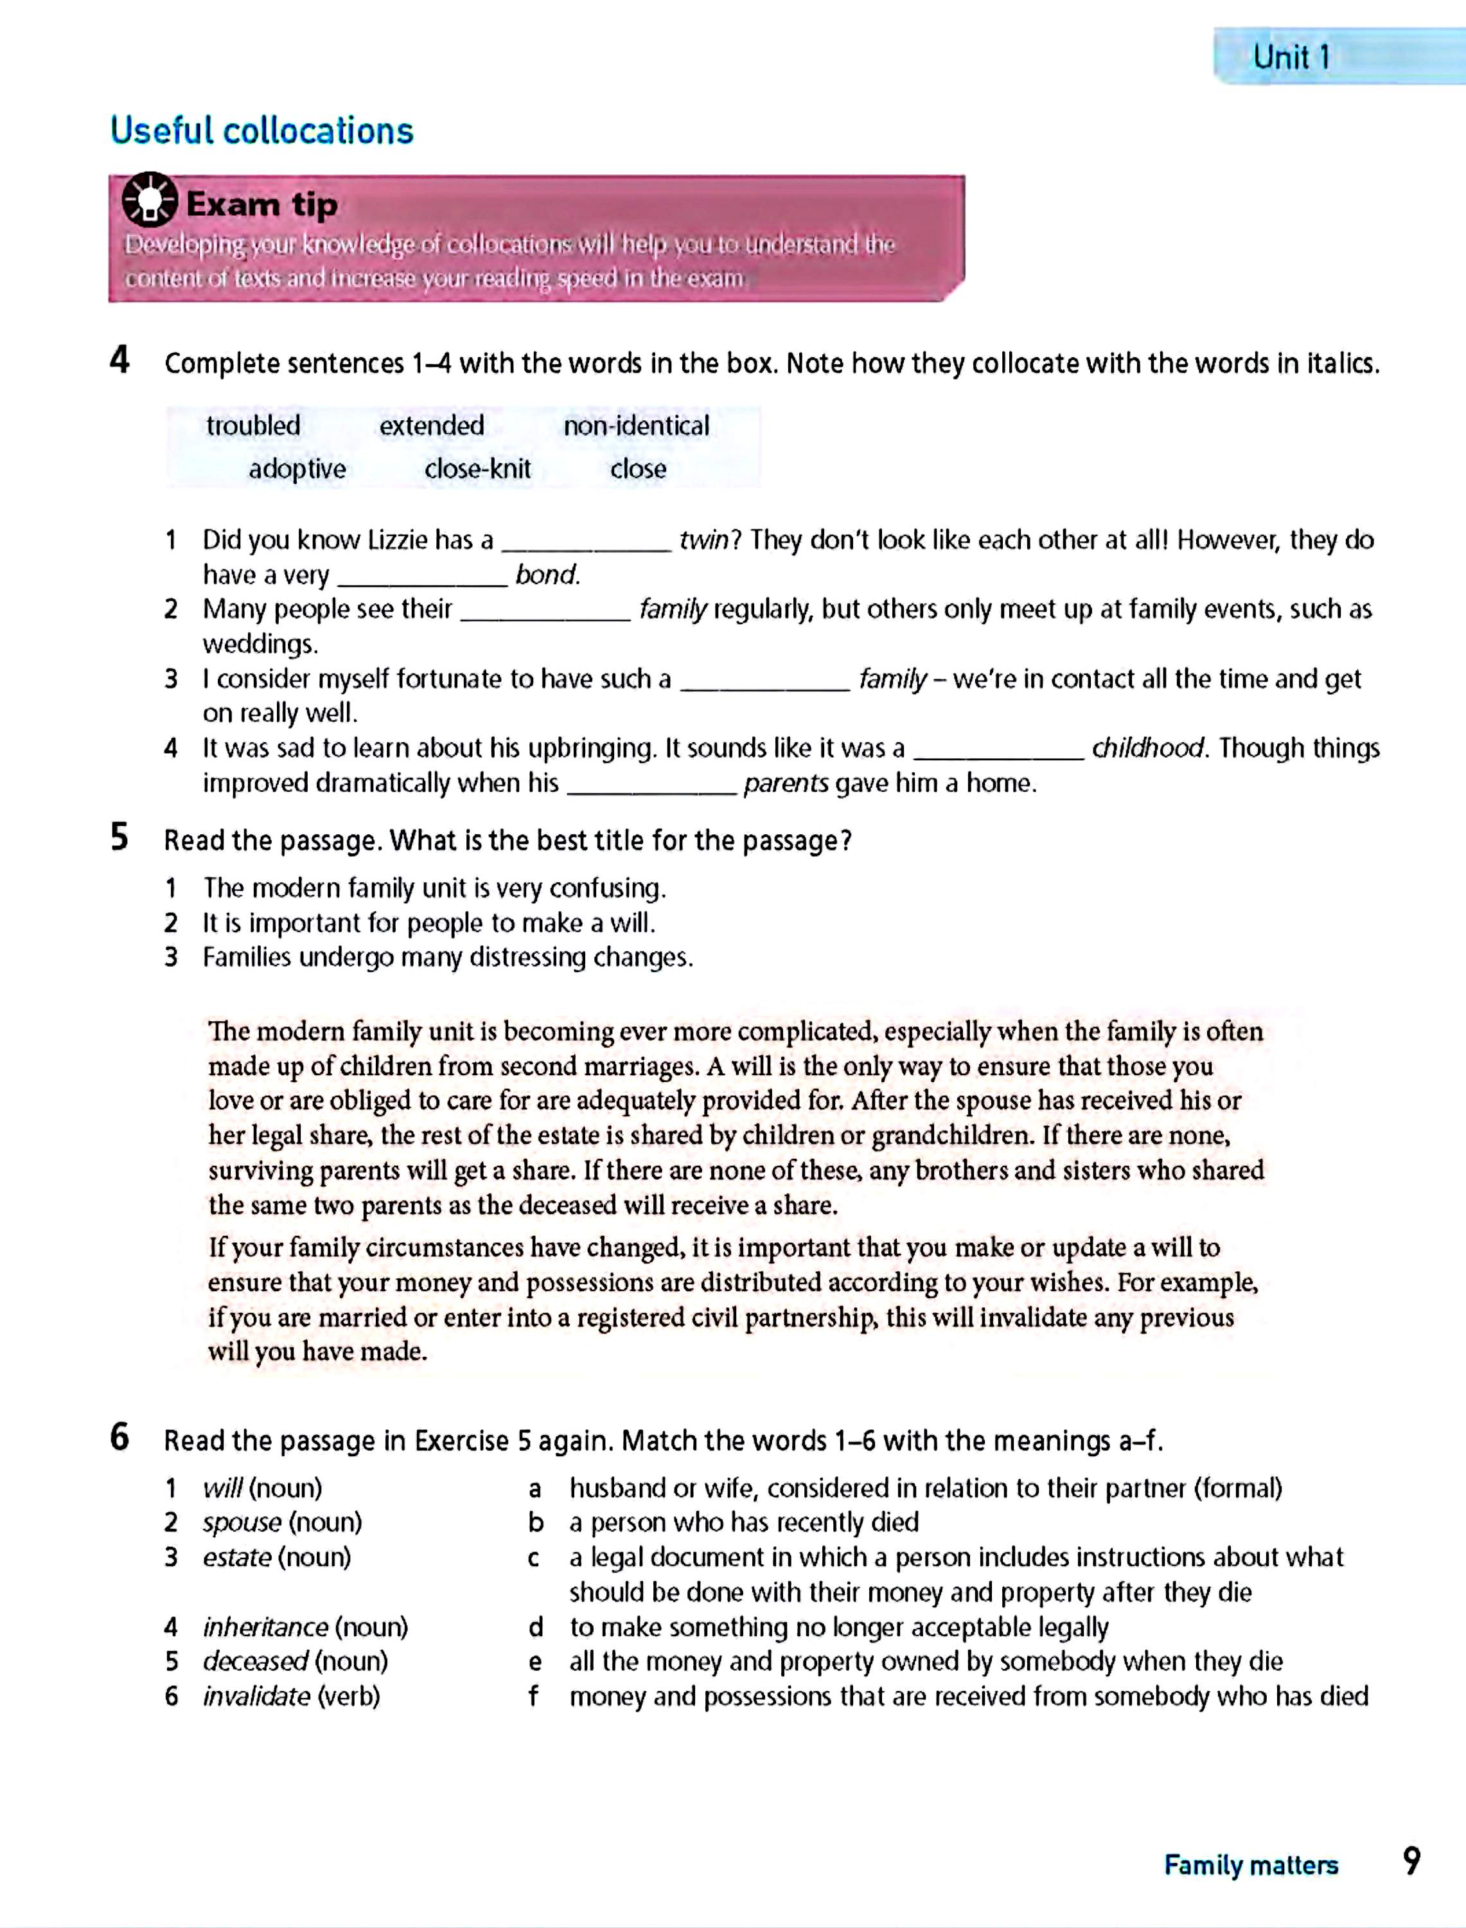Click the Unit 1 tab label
pos(1291,58)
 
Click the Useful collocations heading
pos(262,131)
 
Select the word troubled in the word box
pos(253,426)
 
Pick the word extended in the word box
pos(431,426)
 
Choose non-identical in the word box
pos(636,426)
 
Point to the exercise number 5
pos(119,838)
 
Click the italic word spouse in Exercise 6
pos(242,1523)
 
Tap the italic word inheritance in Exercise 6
pos(265,1628)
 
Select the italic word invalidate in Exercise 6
pos(256,1697)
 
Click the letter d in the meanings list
pos(536,1628)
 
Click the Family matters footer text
pos(1250,1865)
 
